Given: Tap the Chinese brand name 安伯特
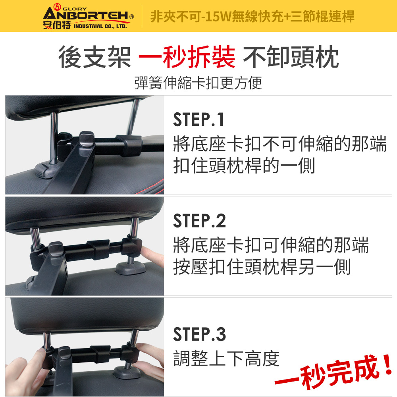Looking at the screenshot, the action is pyautogui.click(x=57, y=25).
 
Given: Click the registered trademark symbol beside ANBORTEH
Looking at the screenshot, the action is pyautogui.click(x=132, y=17).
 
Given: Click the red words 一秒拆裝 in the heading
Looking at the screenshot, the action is pyautogui.click(x=187, y=57).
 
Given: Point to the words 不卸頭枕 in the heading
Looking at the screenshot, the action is pyautogui.click(x=291, y=57).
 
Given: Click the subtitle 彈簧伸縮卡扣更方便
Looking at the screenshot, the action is pyautogui.click(x=198, y=83).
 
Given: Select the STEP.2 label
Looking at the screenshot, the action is pyautogui.click(x=199, y=220).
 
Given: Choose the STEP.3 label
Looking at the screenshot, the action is pyautogui.click(x=199, y=334).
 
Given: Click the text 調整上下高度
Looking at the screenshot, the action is pyautogui.click(x=226, y=358).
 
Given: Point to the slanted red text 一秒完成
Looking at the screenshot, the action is pyautogui.click(x=327, y=372).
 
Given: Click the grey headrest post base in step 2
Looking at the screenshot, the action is pyautogui.click(x=130, y=268).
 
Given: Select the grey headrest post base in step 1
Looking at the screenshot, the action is pyautogui.click(x=45, y=170).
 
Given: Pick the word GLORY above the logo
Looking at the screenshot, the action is pyautogui.click(x=75, y=9).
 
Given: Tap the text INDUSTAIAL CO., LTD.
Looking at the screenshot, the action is pyautogui.click(x=100, y=26).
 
